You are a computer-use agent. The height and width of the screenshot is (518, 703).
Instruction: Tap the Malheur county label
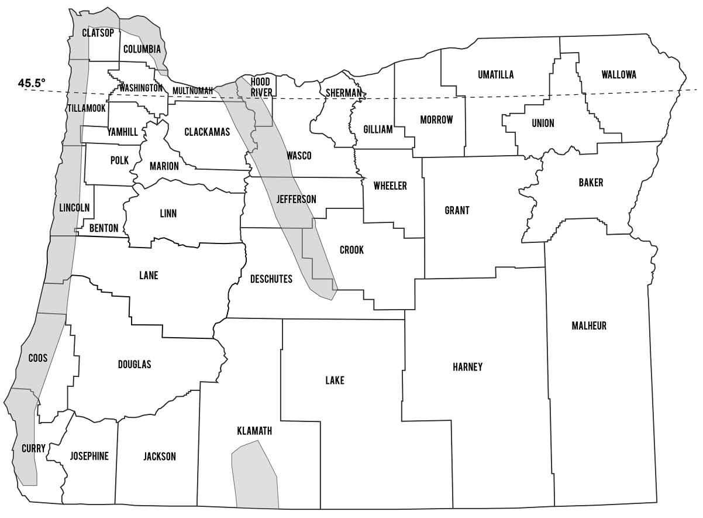coord(589,326)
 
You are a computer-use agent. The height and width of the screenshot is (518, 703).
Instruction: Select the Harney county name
coord(467,367)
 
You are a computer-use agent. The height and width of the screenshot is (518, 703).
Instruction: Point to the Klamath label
coord(254,431)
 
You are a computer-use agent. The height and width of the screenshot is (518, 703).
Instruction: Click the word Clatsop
coord(98,33)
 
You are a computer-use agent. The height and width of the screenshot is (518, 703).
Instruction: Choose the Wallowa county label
coord(618,74)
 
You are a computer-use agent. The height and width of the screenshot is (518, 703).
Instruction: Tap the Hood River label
coord(260,87)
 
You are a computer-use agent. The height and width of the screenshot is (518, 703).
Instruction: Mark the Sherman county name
coord(344,92)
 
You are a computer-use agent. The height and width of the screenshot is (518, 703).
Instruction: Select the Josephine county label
coord(89,457)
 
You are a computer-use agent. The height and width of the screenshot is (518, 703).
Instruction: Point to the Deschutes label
coord(271,279)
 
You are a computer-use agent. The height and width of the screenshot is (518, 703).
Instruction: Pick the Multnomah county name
coord(192,91)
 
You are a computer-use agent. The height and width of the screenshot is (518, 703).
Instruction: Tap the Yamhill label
coord(123,132)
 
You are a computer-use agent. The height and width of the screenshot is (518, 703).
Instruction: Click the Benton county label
coord(104,228)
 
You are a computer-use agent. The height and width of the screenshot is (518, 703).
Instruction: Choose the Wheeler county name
coord(390,186)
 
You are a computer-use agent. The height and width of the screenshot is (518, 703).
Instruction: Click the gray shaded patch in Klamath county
coord(255,475)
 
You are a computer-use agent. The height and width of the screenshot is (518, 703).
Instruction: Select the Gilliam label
coord(378,129)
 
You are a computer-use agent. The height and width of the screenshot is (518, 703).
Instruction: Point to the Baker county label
coord(591,183)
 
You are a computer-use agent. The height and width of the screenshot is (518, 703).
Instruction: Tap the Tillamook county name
coord(86,109)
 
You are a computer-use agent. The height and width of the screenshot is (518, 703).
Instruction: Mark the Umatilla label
coord(495,74)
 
